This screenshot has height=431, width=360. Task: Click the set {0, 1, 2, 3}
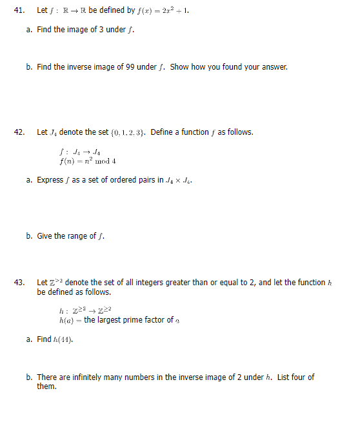coord(129,132)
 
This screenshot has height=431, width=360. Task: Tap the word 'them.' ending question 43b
coord(47,386)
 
